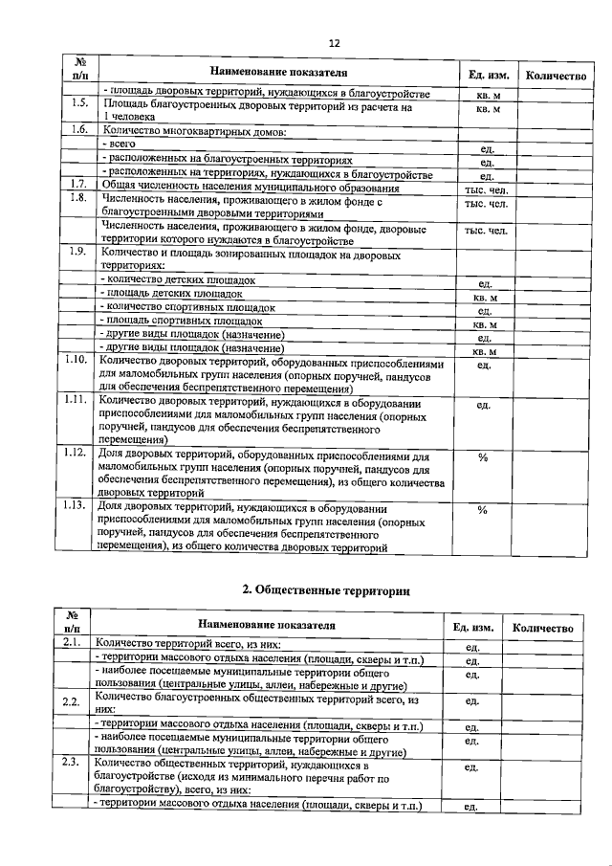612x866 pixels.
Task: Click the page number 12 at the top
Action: click(333, 43)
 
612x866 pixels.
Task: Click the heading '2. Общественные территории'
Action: click(325, 590)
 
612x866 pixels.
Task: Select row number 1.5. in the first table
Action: click(79, 103)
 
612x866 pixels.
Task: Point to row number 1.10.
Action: click(79, 360)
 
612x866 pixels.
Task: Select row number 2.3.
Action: click(70, 763)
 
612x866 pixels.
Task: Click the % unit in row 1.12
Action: click(483, 456)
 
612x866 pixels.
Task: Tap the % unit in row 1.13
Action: click(483, 509)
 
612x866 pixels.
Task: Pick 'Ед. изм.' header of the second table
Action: click(470, 628)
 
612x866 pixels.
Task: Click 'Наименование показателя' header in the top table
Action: click(272, 74)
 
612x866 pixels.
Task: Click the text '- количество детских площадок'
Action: click(178, 279)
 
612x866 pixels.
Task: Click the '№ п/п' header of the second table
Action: click(70, 622)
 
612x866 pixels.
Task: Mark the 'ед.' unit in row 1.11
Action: click(483, 405)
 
